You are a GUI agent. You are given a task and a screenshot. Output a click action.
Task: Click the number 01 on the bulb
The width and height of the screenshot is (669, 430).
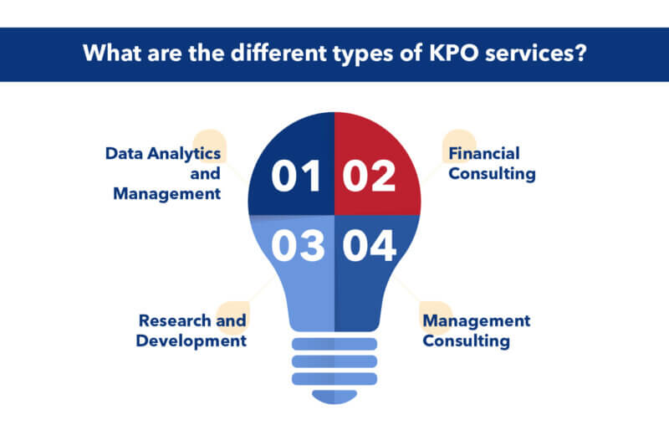tap(297, 177)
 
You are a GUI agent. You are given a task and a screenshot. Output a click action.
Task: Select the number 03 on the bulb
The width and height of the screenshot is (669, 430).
tap(297, 248)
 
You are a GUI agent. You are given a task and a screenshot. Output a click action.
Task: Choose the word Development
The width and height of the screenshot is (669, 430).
tap(192, 340)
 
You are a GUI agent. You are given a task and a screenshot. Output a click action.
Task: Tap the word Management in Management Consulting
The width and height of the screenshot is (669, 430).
tap(476, 320)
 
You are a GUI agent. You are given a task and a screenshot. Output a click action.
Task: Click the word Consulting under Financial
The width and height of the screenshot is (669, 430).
tap(492, 174)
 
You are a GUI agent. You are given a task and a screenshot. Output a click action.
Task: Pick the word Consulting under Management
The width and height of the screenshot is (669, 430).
tap(466, 340)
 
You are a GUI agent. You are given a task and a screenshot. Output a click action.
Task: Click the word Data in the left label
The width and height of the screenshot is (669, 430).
tap(122, 153)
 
